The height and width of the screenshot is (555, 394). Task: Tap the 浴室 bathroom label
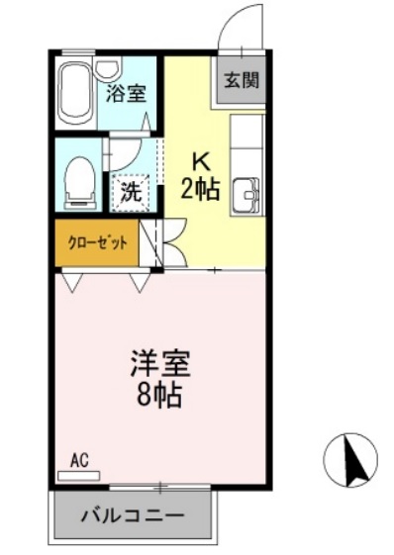(x=127, y=94)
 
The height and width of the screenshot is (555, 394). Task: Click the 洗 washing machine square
(x=131, y=191)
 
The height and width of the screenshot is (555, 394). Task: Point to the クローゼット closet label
(x=96, y=243)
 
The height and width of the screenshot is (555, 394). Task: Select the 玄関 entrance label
(x=242, y=81)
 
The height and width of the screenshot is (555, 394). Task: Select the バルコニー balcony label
(x=132, y=515)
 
